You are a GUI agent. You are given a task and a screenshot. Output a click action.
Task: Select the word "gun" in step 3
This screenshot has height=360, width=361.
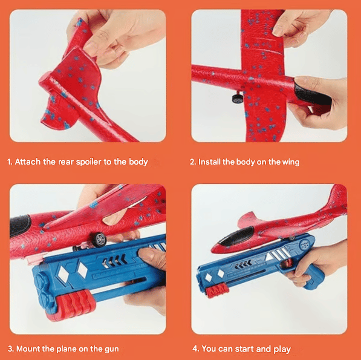112,349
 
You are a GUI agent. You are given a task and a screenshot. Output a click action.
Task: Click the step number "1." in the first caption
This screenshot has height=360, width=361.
10,162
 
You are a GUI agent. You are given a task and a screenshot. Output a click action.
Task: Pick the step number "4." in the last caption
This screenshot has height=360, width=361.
196,349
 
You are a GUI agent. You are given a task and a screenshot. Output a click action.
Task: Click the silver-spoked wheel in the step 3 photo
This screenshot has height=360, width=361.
99,240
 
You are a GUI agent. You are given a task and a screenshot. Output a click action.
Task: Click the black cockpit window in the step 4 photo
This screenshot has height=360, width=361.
236,235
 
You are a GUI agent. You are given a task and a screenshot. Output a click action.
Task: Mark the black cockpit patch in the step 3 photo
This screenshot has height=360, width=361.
21,226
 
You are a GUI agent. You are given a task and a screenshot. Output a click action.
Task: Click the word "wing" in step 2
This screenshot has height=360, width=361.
291,162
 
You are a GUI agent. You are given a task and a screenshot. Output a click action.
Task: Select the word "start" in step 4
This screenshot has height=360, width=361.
244,349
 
